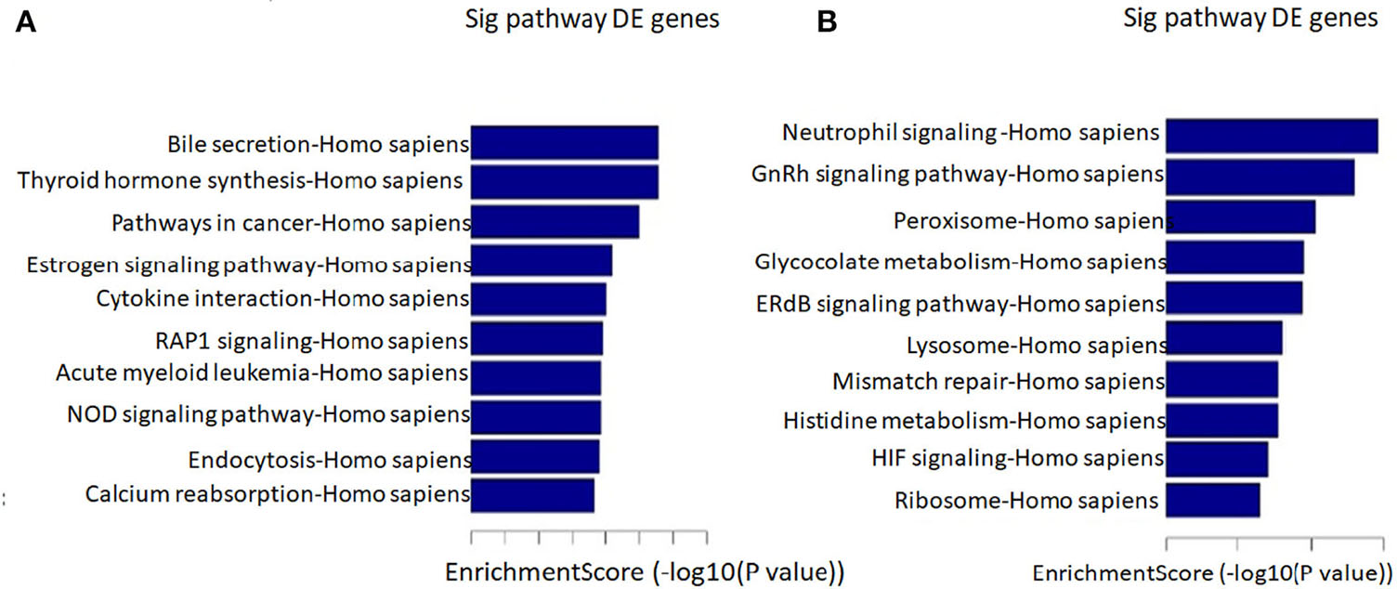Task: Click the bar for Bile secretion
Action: (x=565, y=144)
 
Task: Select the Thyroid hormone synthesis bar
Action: (x=565, y=182)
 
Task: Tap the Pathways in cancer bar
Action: (x=555, y=223)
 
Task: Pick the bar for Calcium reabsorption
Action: (x=533, y=494)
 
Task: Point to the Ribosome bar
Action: (x=1212, y=499)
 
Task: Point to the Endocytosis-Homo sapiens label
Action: (x=329, y=460)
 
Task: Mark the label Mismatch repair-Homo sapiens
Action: (x=999, y=382)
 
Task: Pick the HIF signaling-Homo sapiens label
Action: (x=1018, y=457)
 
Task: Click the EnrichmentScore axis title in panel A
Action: (x=645, y=571)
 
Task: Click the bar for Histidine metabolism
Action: (x=1221, y=420)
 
